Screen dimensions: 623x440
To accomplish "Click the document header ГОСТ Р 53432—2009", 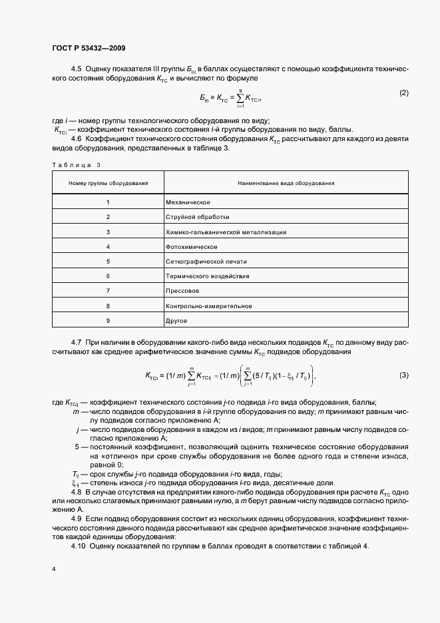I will click(x=89, y=49).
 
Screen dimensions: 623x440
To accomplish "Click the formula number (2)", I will click(x=403, y=93).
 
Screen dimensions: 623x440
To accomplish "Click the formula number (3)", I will click(x=403, y=375).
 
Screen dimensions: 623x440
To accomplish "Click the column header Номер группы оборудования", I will click(x=108, y=182).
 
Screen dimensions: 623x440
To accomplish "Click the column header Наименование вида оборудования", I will click(x=286, y=182).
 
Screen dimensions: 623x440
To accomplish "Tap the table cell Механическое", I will click(x=188, y=201).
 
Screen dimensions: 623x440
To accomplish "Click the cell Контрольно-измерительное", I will click(x=208, y=306).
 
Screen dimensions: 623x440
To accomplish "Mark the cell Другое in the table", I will click(x=178, y=321).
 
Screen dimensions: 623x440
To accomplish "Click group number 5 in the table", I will click(x=108, y=262).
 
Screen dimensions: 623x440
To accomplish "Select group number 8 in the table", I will click(x=108, y=306).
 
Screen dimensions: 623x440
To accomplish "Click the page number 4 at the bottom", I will click(x=53, y=569).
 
